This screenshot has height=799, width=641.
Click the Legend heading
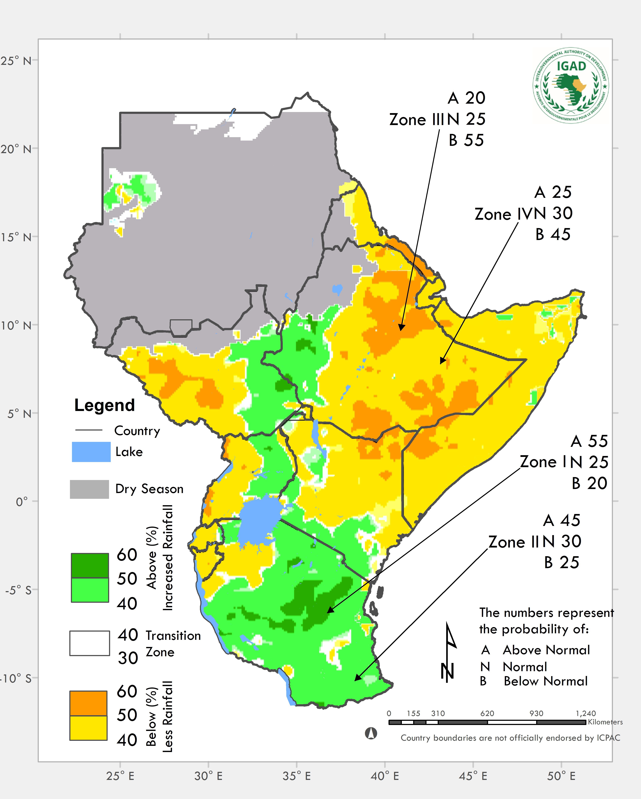(x=105, y=405)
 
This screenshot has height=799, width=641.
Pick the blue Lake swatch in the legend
(x=91, y=452)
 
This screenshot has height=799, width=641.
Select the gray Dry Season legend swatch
(x=89, y=489)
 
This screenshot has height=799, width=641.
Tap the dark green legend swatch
(x=90, y=565)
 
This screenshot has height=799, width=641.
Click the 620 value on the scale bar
(x=487, y=713)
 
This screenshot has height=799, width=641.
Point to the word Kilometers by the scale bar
(x=605, y=722)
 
